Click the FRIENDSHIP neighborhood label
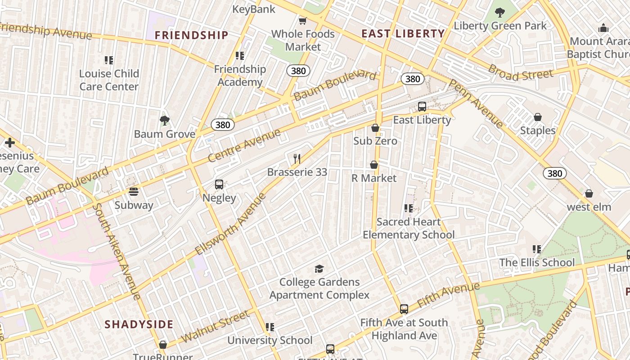192,35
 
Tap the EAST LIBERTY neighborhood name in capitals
403,33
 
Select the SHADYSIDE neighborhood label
139,324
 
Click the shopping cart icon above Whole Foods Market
303,21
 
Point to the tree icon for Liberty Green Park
499,12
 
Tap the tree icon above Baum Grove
165,120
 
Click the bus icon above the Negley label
219,184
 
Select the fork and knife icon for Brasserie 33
297,158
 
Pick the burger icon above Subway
133,192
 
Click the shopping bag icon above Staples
537,117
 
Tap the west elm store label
589,207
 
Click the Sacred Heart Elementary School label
409,228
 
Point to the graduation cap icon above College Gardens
319,269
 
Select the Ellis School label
537,262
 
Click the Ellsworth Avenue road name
231,224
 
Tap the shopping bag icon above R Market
373,165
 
